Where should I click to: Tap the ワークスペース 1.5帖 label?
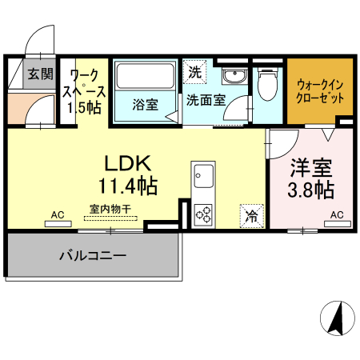click(x=84, y=92)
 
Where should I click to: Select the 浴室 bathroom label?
click(x=145, y=104)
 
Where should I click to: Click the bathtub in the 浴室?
click(x=146, y=78)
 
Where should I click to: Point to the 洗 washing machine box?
click(x=195, y=71)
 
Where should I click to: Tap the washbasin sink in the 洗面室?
click(x=234, y=77)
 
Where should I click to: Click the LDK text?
click(x=127, y=162)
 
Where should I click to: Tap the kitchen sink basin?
click(x=202, y=174)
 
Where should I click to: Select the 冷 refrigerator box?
click(x=251, y=215)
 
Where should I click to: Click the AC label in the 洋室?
click(x=337, y=214)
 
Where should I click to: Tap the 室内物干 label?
click(x=111, y=208)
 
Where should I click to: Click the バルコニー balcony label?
click(x=92, y=257)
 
